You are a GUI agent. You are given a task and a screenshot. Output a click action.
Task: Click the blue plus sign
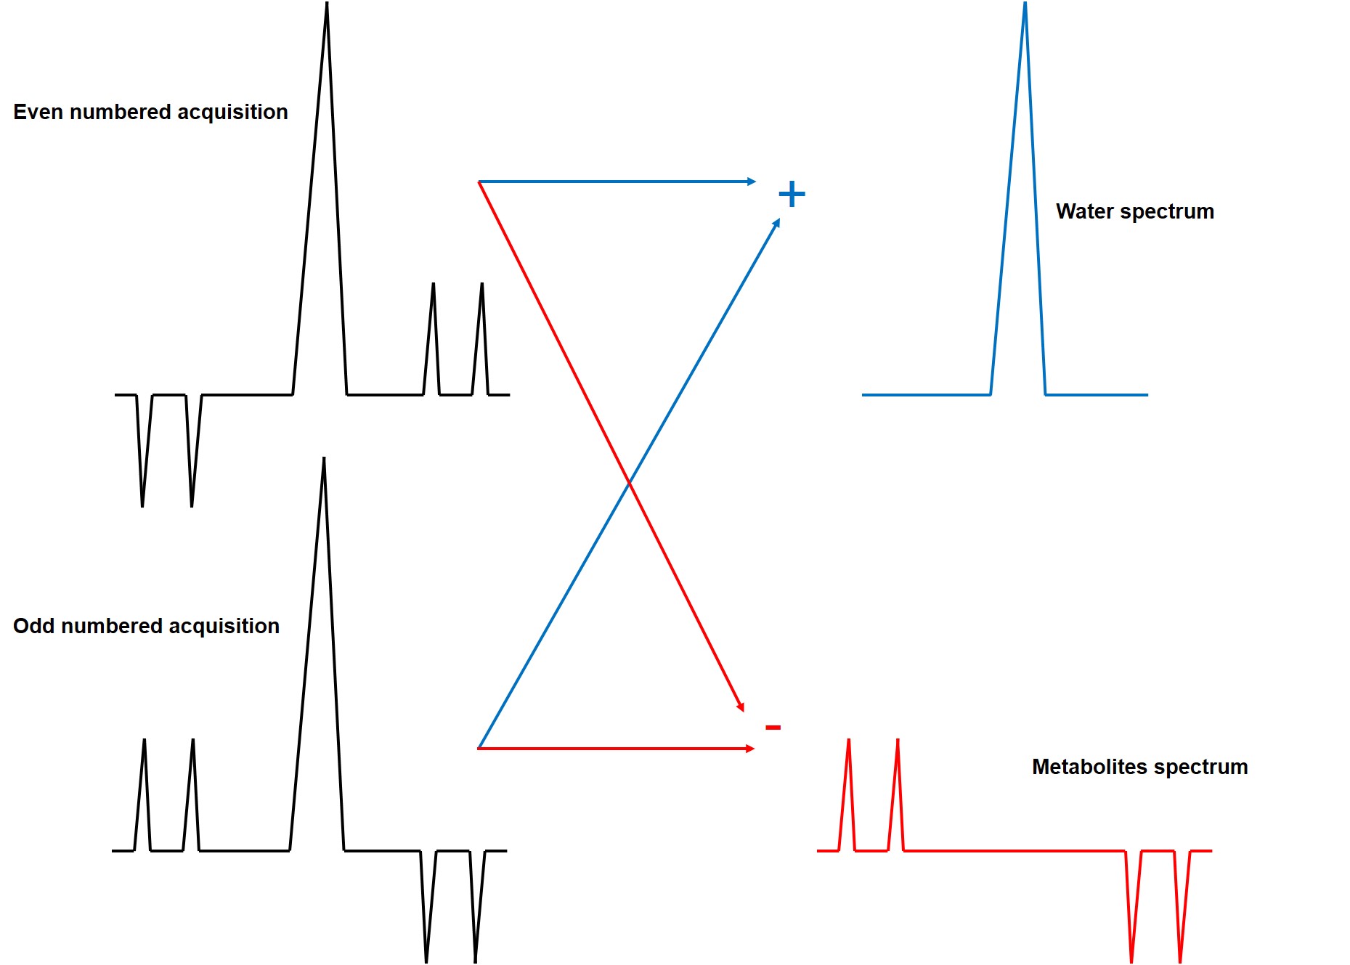[792, 194]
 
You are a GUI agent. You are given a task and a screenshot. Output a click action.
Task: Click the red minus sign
[773, 727]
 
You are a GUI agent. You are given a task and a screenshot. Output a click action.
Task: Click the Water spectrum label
[1134, 211]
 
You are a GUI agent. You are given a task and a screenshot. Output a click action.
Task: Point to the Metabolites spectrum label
[1139, 767]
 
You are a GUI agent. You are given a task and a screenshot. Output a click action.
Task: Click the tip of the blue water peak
[1025, 4]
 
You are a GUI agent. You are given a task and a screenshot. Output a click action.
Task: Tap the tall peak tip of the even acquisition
[327, 4]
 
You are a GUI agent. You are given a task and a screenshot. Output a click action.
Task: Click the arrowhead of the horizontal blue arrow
[752, 182]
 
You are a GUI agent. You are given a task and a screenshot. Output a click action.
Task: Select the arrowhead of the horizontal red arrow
[751, 748]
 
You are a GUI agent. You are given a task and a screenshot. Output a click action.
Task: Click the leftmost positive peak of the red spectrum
[849, 741]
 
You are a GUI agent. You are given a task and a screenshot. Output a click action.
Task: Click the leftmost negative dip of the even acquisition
[142, 505]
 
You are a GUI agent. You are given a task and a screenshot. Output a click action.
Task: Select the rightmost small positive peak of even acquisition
[481, 285]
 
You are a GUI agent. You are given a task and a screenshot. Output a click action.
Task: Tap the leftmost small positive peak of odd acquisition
[145, 741]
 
